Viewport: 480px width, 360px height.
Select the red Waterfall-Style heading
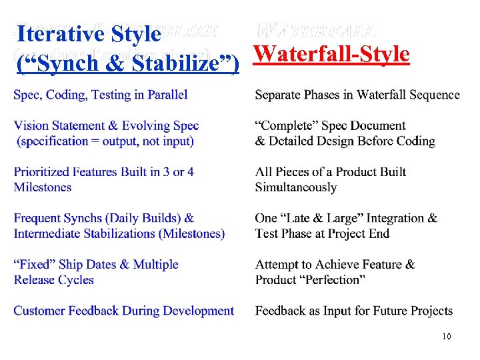[x=332, y=53]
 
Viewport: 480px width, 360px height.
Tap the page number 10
[x=446, y=337]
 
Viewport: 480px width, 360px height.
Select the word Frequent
[x=39, y=218]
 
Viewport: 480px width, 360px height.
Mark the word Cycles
[x=75, y=280]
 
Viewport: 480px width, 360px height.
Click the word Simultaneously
[x=296, y=187]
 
